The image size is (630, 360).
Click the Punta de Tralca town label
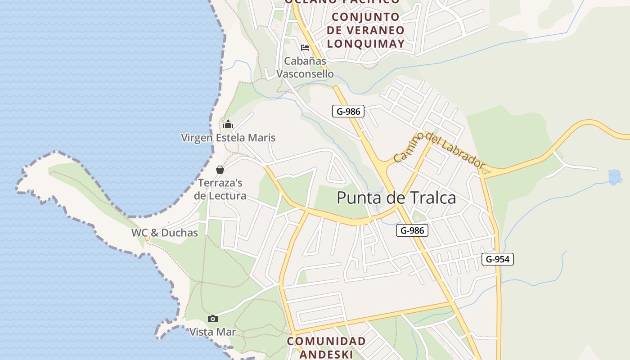coord(396,198)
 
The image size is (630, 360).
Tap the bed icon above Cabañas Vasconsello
coord(305,48)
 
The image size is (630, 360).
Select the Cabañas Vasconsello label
coord(305,67)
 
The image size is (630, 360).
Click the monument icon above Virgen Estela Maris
coord(228,124)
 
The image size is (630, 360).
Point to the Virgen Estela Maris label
coord(228,138)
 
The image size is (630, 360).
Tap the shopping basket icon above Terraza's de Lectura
coord(220,170)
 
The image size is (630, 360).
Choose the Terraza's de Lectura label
coord(220,189)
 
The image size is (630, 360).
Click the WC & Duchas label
coord(165,233)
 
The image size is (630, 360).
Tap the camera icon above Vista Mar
coord(213,319)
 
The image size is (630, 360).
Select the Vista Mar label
coord(213,332)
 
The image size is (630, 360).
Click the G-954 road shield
coord(497,259)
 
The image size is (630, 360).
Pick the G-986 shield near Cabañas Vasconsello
coord(348,111)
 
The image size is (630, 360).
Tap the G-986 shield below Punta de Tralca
coord(412,231)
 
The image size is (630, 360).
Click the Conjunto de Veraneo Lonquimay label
coord(365,30)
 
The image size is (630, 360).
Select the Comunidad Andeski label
coord(327,347)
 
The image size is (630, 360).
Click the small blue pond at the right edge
coord(615,177)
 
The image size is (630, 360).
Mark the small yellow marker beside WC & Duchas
coord(147,239)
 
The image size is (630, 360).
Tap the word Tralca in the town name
coord(432,198)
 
